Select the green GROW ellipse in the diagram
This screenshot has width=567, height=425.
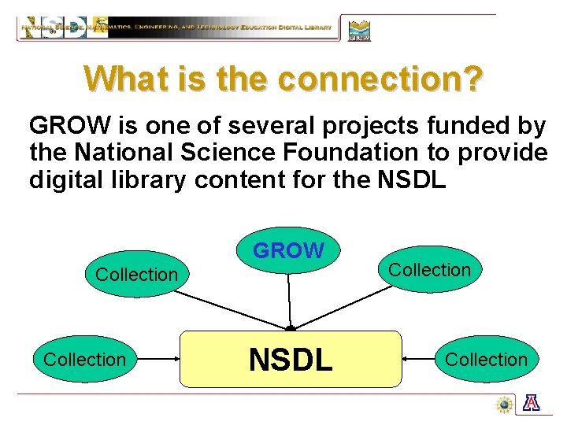tap(288, 250)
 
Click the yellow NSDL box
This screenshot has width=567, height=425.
tap(291, 359)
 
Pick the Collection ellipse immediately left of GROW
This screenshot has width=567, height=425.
tap(136, 274)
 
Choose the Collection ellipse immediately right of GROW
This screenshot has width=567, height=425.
tap(429, 269)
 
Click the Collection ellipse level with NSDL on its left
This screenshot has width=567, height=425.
tap(84, 359)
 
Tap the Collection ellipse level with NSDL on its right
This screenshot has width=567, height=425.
tap(486, 359)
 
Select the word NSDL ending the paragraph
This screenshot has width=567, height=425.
tap(412, 179)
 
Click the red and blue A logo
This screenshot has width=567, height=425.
tap(532, 404)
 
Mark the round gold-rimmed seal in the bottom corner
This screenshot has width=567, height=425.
tap(505, 405)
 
